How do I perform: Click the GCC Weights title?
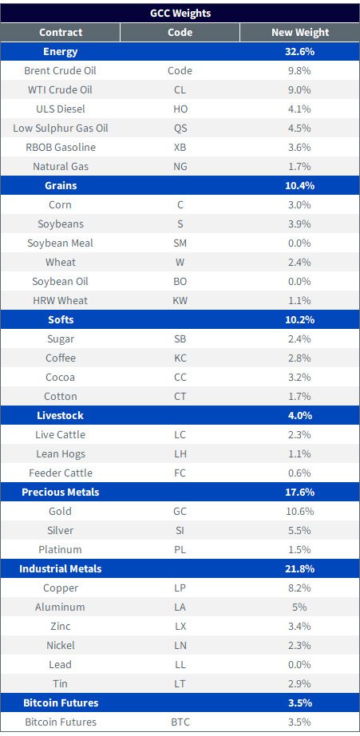click(x=180, y=13)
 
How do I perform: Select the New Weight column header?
click(x=300, y=33)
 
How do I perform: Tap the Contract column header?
click(x=61, y=33)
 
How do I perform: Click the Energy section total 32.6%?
click(x=300, y=52)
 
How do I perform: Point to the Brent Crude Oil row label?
click(x=61, y=71)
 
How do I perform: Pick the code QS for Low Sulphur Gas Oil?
click(x=180, y=129)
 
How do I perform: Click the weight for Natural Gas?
click(x=300, y=167)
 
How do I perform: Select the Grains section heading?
click(x=61, y=186)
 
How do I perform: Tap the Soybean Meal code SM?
click(x=180, y=243)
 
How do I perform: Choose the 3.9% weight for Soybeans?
click(x=300, y=224)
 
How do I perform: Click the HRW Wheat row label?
click(x=61, y=300)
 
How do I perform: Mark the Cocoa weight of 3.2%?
click(x=300, y=378)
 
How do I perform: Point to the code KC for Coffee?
click(x=180, y=358)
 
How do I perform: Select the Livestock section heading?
click(x=61, y=415)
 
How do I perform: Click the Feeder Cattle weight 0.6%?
click(x=300, y=473)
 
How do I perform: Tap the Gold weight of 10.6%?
click(x=300, y=511)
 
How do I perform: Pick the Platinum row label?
click(x=61, y=550)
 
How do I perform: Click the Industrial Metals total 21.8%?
click(x=300, y=569)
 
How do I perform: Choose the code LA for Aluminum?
click(x=180, y=607)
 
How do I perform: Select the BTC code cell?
click(x=180, y=722)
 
